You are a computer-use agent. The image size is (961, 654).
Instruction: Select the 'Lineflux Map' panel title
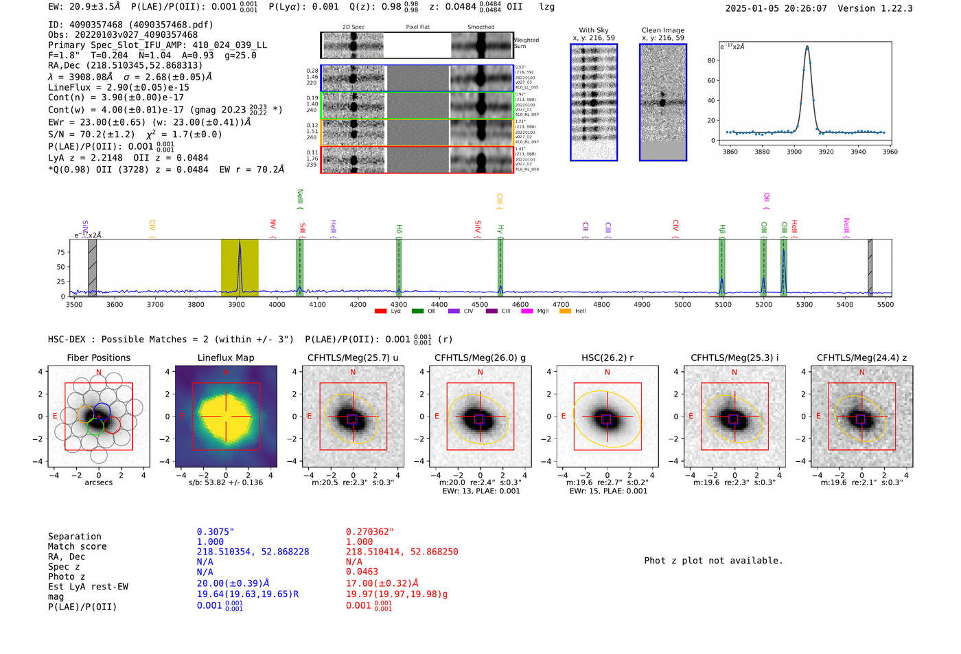pyautogui.click(x=225, y=358)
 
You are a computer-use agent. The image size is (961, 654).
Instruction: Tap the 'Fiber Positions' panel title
pyautogui.click(x=98, y=358)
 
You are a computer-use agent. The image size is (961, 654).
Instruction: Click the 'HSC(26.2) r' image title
pyautogui.click(x=607, y=358)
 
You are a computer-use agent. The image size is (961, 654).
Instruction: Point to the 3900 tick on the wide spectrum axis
pyautogui.click(x=236, y=304)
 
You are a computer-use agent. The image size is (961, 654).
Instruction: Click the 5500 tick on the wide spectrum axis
pyautogui.click(x=885, y=304)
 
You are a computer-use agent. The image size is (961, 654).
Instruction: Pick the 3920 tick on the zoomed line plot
pyautogui.click(x=826, y=152)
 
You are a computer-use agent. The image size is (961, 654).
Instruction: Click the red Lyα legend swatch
pyautogui.click(x=380, y=312)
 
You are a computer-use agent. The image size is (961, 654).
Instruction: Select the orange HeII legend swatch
pyautogui.click(x=565, y=312)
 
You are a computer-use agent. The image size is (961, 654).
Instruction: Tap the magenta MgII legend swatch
pyautogui.click(x=526, y=312)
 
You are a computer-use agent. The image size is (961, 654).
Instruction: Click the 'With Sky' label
pyautogui.click(x=593, y=30)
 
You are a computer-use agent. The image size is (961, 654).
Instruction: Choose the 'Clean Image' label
pyautogui.click(x=662, y=30)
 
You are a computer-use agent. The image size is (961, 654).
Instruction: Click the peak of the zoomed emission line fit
pyautogui.click(x=807, y=47)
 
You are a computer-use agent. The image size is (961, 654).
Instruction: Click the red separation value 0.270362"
pyautogui.click(x=370, y=532)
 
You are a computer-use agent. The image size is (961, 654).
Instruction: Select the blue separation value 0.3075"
pyautogui.click(x=216, y=532)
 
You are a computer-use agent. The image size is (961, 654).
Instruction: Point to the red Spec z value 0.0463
pyautogui.click(x=362, y=572)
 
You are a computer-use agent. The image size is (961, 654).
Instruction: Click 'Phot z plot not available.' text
pyautogui.click(x=713, y=561)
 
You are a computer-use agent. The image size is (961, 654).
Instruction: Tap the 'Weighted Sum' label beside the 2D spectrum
pyautogui.click(x=526, y=43)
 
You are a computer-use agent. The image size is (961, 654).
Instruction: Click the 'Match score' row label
pyautogui.click(x=77, y=546)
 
